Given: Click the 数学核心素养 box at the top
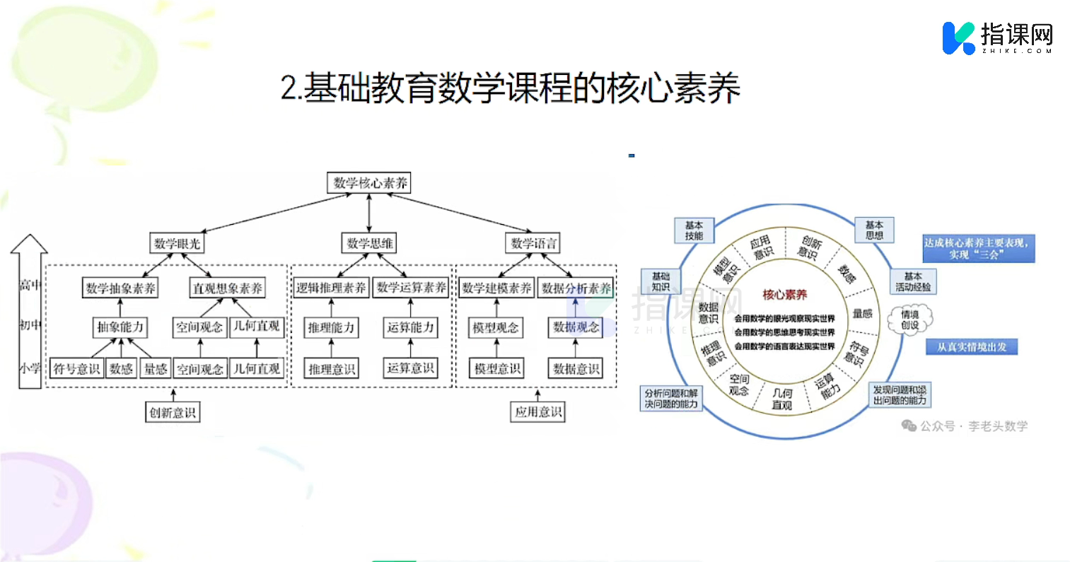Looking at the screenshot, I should tap(370, 183).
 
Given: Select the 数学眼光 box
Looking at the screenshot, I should tap(177, 244).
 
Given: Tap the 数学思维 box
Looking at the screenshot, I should tap(370, 244).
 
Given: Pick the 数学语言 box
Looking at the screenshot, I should tap(534, 244).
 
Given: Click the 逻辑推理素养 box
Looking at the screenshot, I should tap(331, 288).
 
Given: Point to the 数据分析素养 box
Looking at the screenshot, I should tap(576, 288).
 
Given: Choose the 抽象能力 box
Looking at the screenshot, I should tap(120, 327).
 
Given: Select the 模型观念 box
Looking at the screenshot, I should tap(496, 327).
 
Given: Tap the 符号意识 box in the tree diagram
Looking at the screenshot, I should tap(76, 368).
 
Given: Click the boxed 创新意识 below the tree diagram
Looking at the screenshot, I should tap(173, 412).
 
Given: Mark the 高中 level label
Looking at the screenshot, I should tap(30, 285).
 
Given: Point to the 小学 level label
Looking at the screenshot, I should tap(30, 368).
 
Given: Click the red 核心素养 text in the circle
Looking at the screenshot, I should tap(784, 294).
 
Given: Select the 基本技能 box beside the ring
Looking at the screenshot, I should tap(694, 230).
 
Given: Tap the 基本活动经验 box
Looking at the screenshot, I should tap(912, 281).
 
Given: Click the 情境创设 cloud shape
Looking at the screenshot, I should tap(910, 320).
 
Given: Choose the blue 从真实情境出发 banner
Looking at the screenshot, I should tap(972, 347).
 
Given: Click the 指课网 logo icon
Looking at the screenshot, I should tap(959, 37).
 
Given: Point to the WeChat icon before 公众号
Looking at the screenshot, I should tap(908, 426).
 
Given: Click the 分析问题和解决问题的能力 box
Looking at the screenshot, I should tap(671, 399).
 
